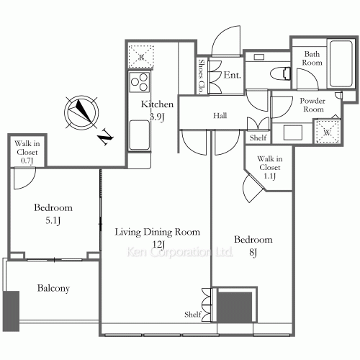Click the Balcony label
tap(53, 288)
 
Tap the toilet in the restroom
tap(281, 73)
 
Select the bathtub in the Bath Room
tap(341, 64)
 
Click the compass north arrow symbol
tap(81, 112)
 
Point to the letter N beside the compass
tap(106, 137)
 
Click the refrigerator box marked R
tap(141, 57)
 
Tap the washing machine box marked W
tap(327, 132)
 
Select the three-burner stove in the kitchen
tap(140, 82)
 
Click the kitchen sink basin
tap(140, 135)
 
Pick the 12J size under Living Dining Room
tap(158, 245)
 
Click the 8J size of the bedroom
tap(253, 253)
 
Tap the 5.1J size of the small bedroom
tap(53, 220)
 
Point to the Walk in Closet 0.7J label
tap(27, 152)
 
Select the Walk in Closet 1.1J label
tap(270, 167)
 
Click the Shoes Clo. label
tap(202, 76)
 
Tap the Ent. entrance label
tap(232, 75)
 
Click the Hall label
tap(220, 116)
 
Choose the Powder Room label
tap(312, 105)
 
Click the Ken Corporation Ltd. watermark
tap(179, 252)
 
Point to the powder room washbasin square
tap(293, 132)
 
